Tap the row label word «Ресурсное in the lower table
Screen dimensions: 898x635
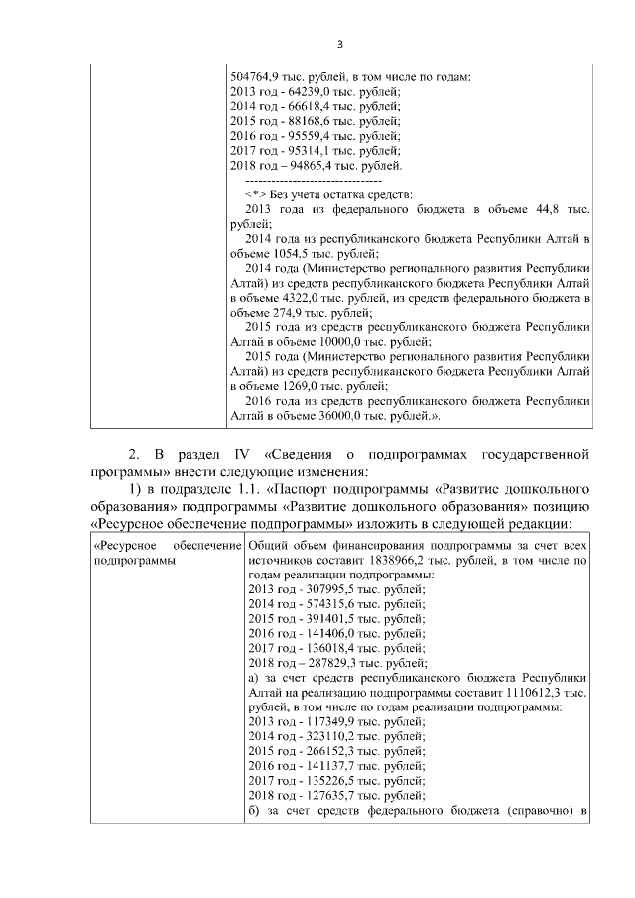123,546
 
